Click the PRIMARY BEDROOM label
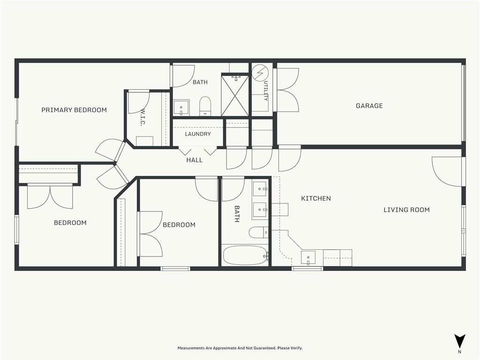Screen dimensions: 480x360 (74, 110)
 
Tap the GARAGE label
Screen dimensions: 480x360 (369, 106)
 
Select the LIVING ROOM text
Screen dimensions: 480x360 (406, 210)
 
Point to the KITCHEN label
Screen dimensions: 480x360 (316, 198)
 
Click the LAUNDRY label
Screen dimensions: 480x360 (198, 134)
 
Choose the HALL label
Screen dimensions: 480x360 (195, 160)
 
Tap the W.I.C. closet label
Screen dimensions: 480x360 (142, 118)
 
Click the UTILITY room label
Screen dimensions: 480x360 (266, 91)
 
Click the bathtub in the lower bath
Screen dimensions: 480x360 (245, 255)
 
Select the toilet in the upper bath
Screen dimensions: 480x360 (205, 106)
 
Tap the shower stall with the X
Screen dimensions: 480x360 (235, 94)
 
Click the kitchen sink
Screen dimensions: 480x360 (308, 258)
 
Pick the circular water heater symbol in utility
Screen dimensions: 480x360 (260, 73)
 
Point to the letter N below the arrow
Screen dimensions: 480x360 (459, 352)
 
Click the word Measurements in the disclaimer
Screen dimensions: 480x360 (192, 348)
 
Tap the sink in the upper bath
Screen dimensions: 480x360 (181, 108)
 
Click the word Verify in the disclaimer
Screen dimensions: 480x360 (296, 348)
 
